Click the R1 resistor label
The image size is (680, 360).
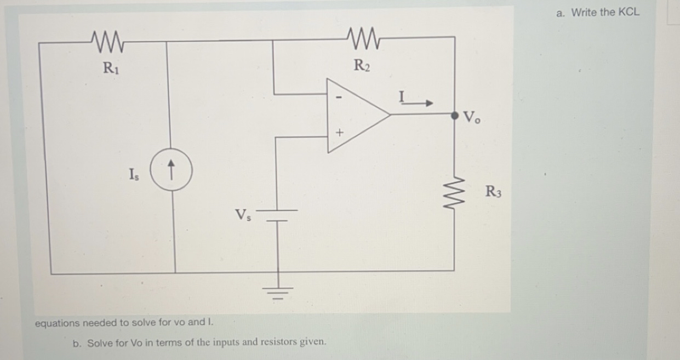[x=110, y=68]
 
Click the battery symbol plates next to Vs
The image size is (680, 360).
[x=278, y=215]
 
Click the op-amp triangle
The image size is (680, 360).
[x=356, y=115]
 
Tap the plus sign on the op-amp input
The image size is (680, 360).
[x=339, y=133]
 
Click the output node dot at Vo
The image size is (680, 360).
[x=454, y=116]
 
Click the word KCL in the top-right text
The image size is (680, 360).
[x=628, y=13]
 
